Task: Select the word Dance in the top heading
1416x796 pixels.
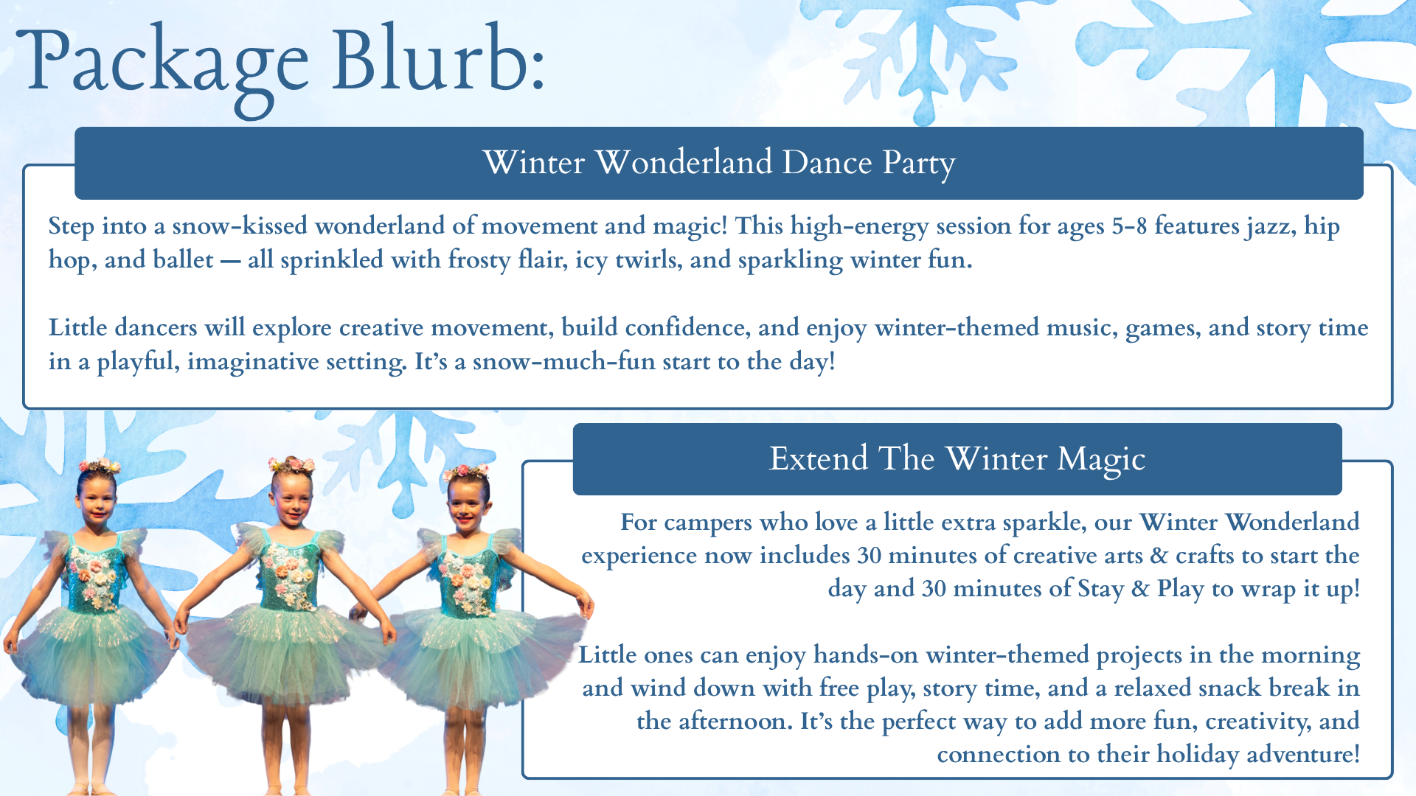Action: [x=827, y=162]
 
